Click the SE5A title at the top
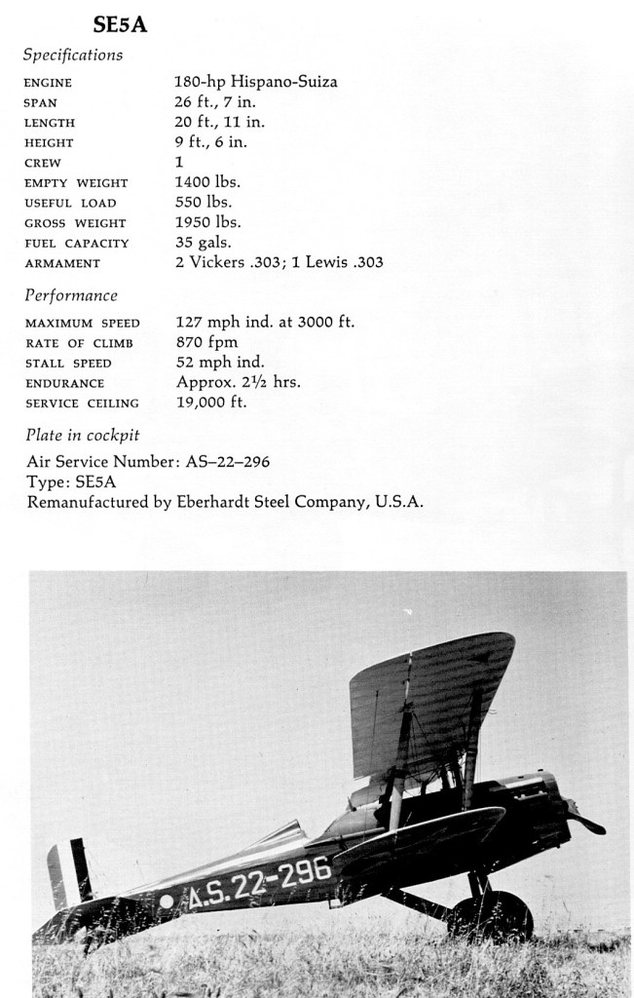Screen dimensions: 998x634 click(x=120, y=24)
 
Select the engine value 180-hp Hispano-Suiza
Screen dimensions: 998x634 click(x=256, y=82)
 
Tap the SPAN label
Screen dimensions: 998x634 click(x=40, y=102)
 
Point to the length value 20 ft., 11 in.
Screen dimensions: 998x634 click(x=219, y=122)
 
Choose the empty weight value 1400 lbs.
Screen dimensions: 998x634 click(x=207, y=182)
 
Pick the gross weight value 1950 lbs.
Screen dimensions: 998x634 click(x=207, y=222)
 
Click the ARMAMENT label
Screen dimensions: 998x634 click(x=62, y=263)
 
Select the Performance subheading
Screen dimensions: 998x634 click(x=71, y=295)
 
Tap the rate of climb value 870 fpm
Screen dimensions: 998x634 click(x=206, y=342)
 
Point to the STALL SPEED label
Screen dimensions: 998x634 click(x=68, y=364)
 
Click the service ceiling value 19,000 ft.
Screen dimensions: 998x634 click(x=211, y=402)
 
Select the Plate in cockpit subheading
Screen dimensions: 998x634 click(x=82, y=435)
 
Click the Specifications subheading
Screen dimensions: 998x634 click(x=73, y=55)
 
